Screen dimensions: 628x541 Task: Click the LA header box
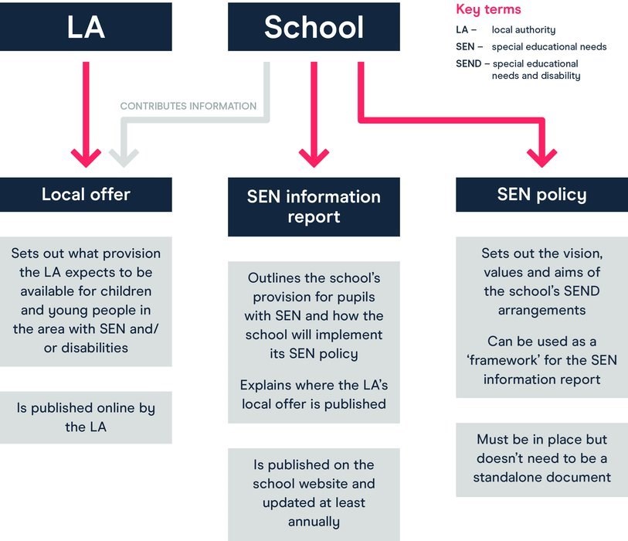[86, 27]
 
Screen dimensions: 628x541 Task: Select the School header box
[314, 27]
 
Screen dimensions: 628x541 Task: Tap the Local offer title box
[86, 194]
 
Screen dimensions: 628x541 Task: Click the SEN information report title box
[314, 207]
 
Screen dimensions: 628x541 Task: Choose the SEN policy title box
[542, 194]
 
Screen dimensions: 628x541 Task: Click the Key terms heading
[488, 9]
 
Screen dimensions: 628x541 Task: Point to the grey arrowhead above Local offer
[124, 158]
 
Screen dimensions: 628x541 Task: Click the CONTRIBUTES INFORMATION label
[188, 106]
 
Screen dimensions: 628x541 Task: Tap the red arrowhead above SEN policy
[542, 158]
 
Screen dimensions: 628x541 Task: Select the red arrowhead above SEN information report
[314, 158]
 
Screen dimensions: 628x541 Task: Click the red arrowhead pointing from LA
[86, 158]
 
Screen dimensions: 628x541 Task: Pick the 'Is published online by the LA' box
[86, 417]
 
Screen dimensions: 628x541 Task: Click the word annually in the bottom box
[314, 522]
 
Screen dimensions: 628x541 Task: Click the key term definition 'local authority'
[524, 30]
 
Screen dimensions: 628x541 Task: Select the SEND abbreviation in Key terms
[469, 63]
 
